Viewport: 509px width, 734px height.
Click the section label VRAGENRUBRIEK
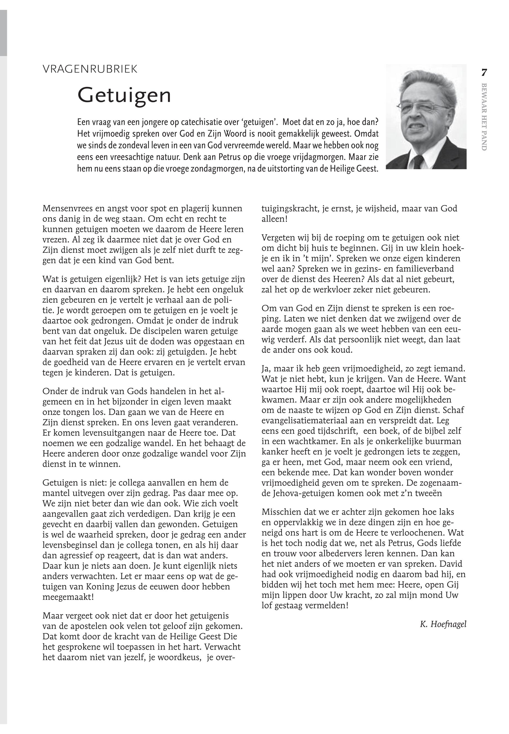coord(90,69)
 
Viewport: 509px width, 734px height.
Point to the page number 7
coord(484,73)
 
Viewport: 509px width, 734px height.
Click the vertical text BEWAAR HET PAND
coord(484,117)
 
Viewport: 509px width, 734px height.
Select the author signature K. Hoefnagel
coord(443,624)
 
